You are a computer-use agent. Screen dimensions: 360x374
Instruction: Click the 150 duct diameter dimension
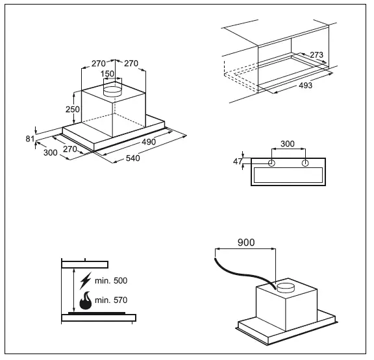click(x=108, y=74)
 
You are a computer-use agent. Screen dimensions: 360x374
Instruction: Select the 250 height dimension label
click(x=73, y=109)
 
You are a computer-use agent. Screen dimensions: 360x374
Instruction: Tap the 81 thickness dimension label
click(x=29, y=138)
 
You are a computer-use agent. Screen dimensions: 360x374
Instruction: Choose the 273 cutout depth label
click(x=318, y=54)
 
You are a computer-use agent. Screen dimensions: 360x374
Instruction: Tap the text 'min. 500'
click(x=110, y=281)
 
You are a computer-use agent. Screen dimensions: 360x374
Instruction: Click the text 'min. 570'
click(x=110, y=300)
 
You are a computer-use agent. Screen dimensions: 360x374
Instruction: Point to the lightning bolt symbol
click(x=85, y=281)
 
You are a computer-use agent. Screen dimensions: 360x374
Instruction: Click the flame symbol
click(x=85, y=301)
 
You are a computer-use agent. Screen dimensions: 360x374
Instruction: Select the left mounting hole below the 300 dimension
click(x=271, y=162)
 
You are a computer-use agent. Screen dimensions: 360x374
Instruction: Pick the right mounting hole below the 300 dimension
click(x=305, y=162)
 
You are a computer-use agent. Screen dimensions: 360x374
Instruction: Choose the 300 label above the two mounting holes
click(x=288, y=144)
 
